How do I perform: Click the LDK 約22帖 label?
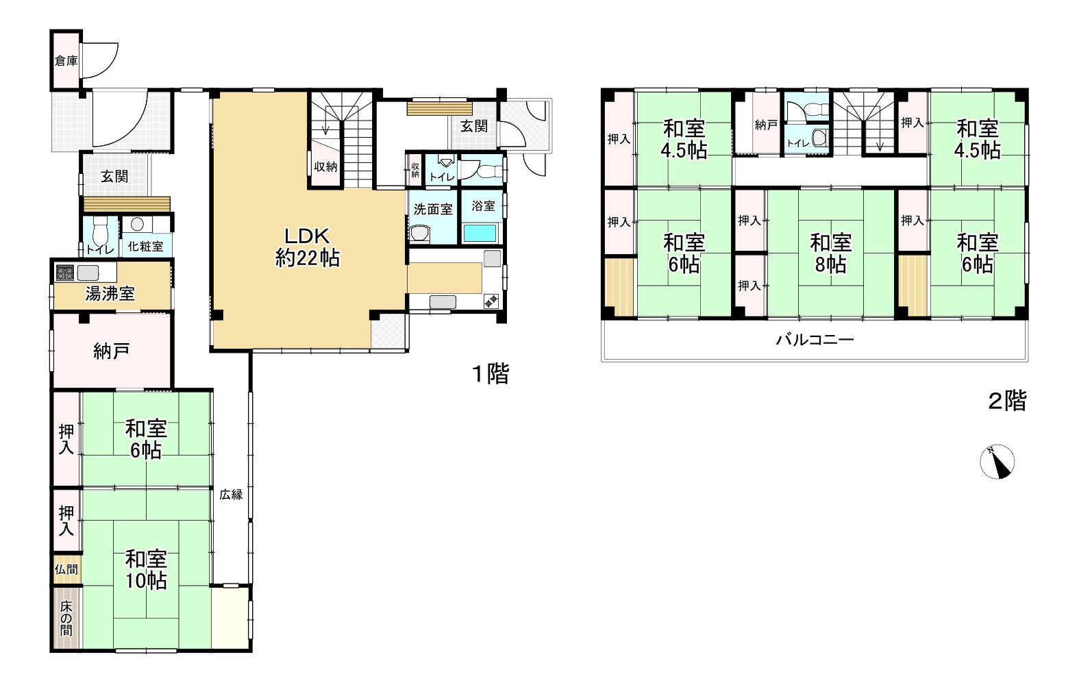click(x=308, y=247)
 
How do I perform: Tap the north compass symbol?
click(x=997, y=462)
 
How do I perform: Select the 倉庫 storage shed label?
click(x=66, y=61)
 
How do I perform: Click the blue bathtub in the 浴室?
click(x=480, y=233)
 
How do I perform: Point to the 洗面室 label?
click(x=433, y=209)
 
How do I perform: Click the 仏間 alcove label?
click(x=66, y=569)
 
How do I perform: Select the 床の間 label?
click(x=66, y=618)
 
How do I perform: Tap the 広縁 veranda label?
click(x=232, y=495)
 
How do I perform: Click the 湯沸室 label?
click(x=110, y=293)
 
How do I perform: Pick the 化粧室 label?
click(x=145, y=246)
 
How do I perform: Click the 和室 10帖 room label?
click(x=146, y=570)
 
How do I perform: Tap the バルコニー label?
click(x=815, y=340)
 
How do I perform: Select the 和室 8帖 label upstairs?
click(x=830, y=253)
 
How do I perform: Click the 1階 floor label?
click(x=491, y=373)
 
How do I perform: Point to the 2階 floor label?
click(x=1007, y=400)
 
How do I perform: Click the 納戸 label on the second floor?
click(x=767, y=125)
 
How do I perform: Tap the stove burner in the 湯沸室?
click(x=65, y=273)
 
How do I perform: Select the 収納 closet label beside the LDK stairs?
click(x=325, y=166)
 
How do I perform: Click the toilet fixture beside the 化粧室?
click(x=101, y=232)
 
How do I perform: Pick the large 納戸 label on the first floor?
click(x=111, y=351)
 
